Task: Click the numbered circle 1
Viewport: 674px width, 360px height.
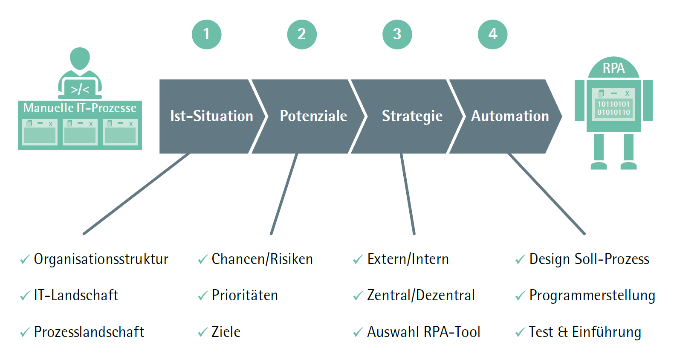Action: point(206,34)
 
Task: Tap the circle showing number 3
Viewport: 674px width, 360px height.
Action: point(397,34)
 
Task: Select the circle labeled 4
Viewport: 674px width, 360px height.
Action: point(492,34)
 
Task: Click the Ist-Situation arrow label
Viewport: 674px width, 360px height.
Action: point(211,116)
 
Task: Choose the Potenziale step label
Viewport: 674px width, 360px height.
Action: point(313,116)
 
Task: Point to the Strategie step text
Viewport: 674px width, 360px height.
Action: point(412,116)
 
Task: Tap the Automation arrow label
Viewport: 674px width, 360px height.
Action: point(510,116)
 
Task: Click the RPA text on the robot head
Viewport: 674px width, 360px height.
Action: point(613,68)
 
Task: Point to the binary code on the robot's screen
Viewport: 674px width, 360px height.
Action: point(613,108)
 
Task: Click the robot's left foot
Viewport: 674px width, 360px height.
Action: point(599,165)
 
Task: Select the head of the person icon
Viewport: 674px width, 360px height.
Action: point(80,58)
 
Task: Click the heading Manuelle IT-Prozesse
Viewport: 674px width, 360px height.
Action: point(80,108)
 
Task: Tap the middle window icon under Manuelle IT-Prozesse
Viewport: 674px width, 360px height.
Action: point(80,132)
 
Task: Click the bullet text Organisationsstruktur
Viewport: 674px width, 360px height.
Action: point(101,259)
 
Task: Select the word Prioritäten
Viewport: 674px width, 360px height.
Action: point(245,295)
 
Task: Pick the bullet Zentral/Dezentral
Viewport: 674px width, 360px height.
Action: point(421,295)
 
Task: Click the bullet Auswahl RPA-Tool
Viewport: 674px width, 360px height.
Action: point(423,332)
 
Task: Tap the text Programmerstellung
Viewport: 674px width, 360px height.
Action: point(592,295)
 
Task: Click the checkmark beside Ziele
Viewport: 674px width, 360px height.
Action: point(202,332)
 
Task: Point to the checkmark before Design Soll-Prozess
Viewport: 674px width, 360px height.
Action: point(520,259)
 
